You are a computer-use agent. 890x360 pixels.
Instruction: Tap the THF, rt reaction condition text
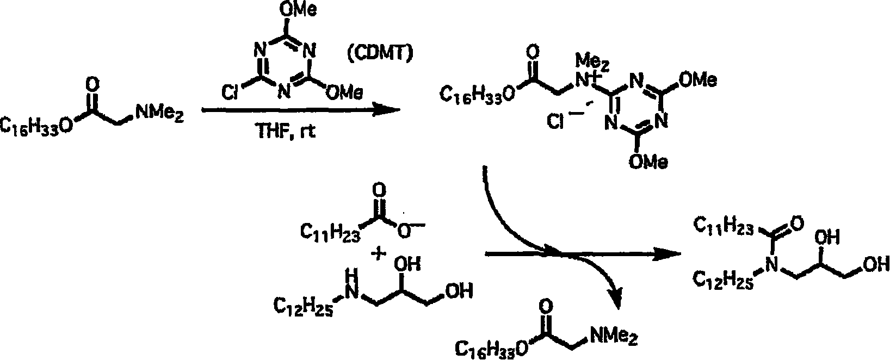286,131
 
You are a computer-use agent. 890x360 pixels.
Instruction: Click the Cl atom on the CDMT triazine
230,93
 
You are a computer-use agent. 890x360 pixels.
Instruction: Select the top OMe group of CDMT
298,9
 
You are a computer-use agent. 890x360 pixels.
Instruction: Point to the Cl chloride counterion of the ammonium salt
555,121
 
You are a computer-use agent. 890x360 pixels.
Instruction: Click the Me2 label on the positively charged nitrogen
592,63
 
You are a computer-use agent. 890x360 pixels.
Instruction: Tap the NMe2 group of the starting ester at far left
160,113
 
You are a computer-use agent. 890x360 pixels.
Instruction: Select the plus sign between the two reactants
378,253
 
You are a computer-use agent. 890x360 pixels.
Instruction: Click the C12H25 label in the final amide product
723,280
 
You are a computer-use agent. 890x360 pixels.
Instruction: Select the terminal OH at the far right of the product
875,264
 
